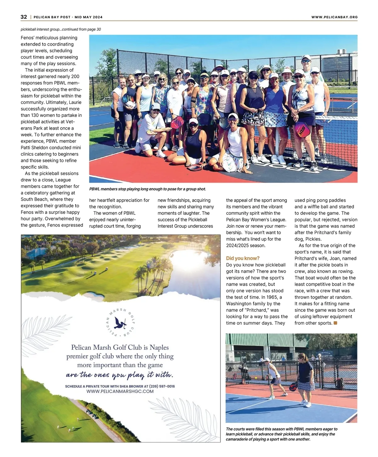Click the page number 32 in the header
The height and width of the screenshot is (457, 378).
pyautogui.click(x=24, y=17)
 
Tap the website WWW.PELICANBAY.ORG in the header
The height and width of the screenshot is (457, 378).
pyautogui.click(x=334, y=17)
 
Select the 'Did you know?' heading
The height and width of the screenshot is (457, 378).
pyautogui.click(x=243, y=258)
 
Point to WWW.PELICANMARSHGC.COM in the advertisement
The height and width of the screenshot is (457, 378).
pyautogui.click(x=120, y=391)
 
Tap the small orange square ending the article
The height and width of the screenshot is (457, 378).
pyautogui.click(x=335, y=323)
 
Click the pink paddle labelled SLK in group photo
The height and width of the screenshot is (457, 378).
pyautogui.click(x=302, y=129)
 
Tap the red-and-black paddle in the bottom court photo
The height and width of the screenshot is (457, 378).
pyautogui.click(x=293, y=386)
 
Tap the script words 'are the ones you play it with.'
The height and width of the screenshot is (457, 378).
pyautogui.click(x=120, y=375)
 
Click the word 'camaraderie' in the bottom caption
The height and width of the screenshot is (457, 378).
pyautogui.click(x=239, y=439)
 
